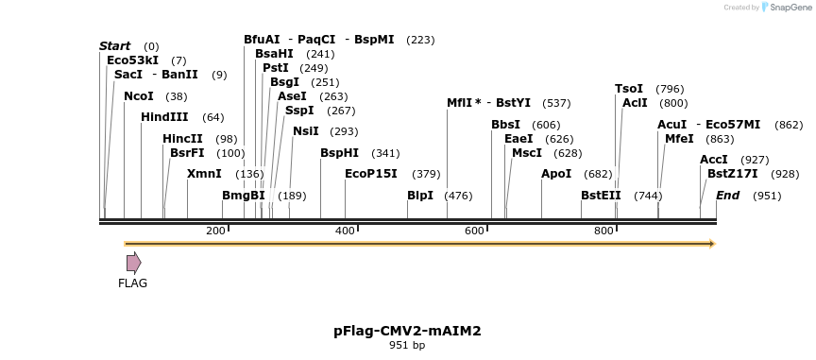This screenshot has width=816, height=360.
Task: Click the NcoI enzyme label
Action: click(x=138, y=96)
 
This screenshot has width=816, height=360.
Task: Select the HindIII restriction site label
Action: click(x=164, y=117)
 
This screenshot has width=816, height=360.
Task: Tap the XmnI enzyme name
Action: click(x=204, y=174)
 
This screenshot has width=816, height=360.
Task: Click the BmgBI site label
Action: click(x=243, y=196)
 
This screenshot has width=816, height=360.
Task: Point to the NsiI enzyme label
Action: click(x=306, y=131)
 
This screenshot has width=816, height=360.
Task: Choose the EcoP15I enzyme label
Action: click(x=371, y=174)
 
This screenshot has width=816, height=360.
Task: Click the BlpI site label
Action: click(x=420, y=196)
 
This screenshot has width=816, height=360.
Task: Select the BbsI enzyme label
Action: click(x=505, y=125)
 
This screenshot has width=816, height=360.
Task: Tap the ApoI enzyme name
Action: click(x=556, y=174)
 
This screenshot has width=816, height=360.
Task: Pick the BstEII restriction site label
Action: click(x=601, y=196)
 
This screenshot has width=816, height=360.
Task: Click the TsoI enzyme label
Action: click(x=629, y=89)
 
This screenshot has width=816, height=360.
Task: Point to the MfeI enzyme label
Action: click(x=679, y=139)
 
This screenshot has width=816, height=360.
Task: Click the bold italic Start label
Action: click(x=115, y=46)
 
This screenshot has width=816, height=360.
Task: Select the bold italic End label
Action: click(x=727, y=196)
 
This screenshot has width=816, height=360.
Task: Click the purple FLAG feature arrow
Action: click(x=133, y=262)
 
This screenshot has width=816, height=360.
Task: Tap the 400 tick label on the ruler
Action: click(x=345, y=231)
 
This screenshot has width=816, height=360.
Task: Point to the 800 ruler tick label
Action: click(x=603, y=231)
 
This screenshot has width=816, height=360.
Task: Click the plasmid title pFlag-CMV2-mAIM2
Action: click(x=407, y=331)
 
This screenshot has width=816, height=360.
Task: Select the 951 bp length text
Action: click(x=407, y=346)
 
